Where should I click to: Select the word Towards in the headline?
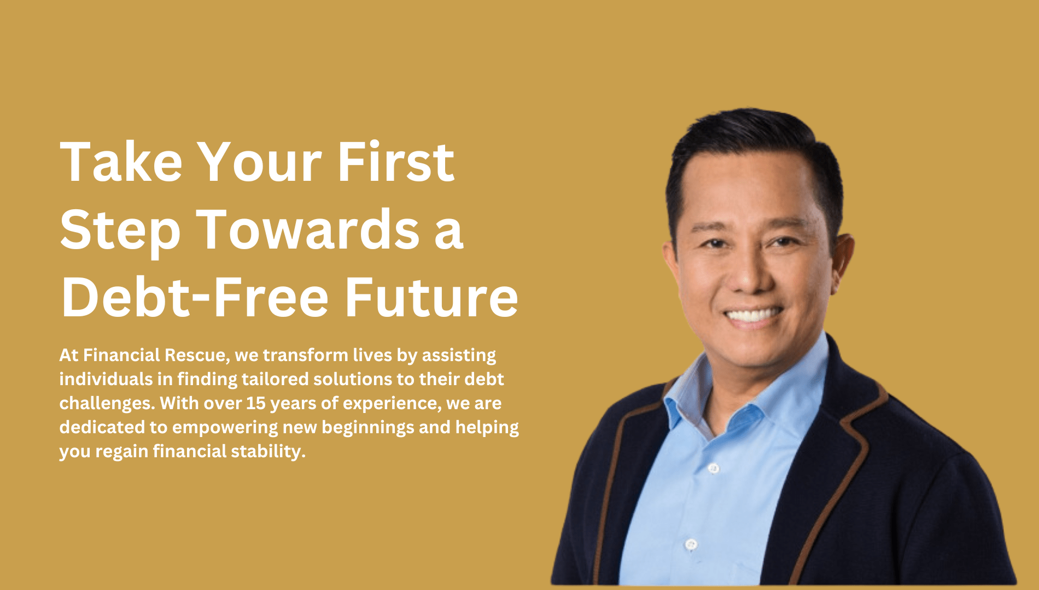click(x=308, y=229)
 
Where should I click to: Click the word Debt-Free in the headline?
click(x=195, y=297)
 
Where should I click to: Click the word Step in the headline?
click(x=120, y=232)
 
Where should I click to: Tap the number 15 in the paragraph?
click(x=255, y=403)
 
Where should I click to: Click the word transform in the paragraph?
click(x=305, y=355)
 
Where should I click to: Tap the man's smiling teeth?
click(x=753, y=315)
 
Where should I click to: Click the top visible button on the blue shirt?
click(x=713, y=468)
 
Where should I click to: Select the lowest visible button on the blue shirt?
click(x=691, y=545)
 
